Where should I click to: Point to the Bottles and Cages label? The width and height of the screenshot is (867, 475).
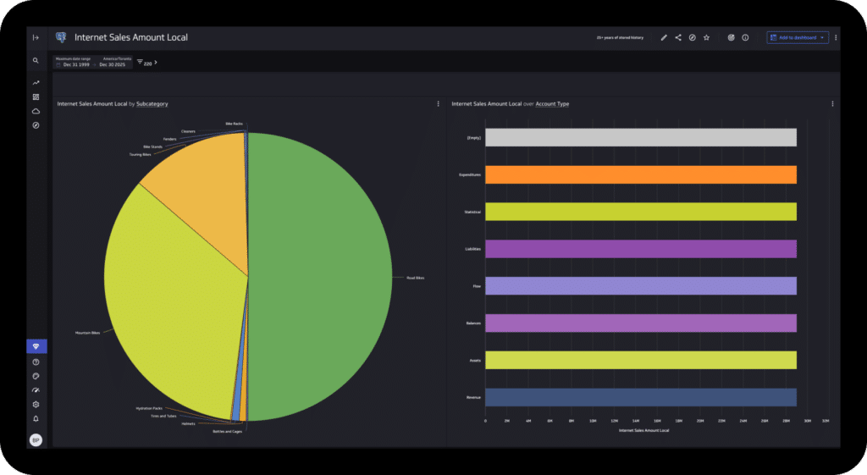[x=226, y=431]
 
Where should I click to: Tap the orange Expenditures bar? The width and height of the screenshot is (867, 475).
[x=640, y=174]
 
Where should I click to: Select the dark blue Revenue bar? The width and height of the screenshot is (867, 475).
[x=640, y=397]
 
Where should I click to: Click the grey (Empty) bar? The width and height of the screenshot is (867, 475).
[x=640, y=137]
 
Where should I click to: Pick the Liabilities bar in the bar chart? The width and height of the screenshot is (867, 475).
[x=640, y=249]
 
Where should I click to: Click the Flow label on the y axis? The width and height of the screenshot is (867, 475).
[x=477, y=286]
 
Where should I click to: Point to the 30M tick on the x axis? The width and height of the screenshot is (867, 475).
[x=808, y=420]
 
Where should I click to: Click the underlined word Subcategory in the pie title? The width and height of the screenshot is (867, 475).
[x=152, y=104]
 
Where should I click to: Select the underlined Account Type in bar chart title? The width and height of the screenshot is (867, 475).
[x=552, y=104]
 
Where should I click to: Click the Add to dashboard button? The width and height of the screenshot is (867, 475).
[x=796, y=37]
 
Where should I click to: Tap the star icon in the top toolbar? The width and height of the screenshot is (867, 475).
[x=706, y=37]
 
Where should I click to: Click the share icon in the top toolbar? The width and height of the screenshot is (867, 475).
[x=678, y=37]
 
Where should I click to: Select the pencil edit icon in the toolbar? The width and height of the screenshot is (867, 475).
[x=664, y=37]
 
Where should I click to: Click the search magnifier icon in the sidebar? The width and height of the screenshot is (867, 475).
[x=36, y=61]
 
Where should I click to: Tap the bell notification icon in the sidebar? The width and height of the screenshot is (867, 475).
[x=36, y=418]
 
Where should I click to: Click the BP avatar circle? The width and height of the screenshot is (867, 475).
[x=36, y=440]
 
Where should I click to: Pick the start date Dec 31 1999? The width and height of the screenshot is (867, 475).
[x=76, y=64]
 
